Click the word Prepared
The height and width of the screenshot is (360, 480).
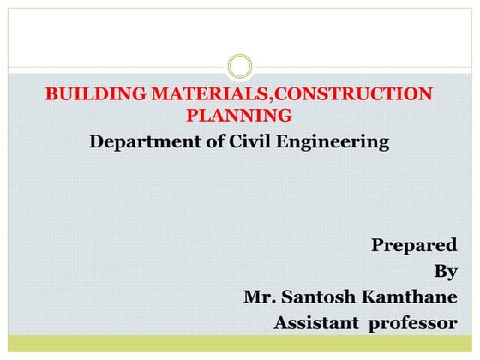pos(414,245)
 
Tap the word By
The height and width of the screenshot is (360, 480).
pos(446,272)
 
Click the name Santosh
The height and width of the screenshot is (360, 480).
pos(318,297)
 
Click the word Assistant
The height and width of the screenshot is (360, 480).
pos(315,323)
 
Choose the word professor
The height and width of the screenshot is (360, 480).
pos(415,323)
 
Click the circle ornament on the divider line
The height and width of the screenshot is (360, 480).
pos(240,66)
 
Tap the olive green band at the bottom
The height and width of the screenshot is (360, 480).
pos(240,343)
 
